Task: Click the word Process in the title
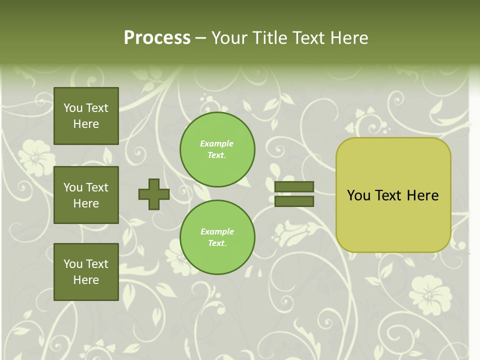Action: (x=157, y=37)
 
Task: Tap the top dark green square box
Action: (x=86, y=116)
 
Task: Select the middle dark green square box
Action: (x=86, y=195)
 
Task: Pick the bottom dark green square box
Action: (x=86, y=271)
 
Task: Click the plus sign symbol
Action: (x=154, y=194)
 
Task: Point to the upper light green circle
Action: (x=217, y=149)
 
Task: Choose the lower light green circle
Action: (x=217, y=237)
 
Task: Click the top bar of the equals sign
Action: (x=294, y=187)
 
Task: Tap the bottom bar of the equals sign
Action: (x=294, y=201)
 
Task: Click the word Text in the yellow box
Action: (x=389, y=195)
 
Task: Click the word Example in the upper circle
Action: (x=216, y=143)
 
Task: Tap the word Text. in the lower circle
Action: (x=217, y=243)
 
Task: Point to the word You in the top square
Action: (x=73, y=108)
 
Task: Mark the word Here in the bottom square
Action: (x=86, y=280)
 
